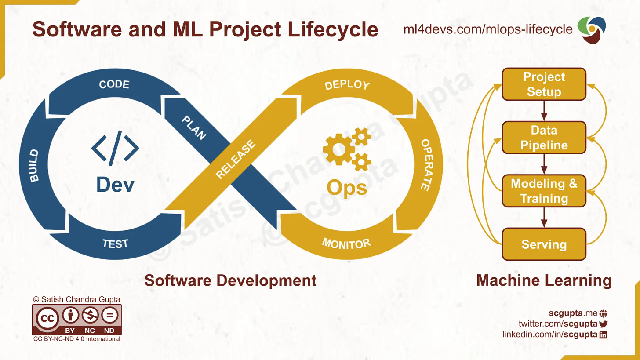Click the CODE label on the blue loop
114,84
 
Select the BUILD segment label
34,166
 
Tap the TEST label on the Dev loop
115,244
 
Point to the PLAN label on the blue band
194,128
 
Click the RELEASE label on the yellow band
236,160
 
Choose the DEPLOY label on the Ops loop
347,84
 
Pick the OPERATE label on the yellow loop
425,165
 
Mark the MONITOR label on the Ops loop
346,243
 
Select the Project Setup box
544,84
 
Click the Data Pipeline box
544,138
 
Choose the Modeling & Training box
544,191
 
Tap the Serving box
544,244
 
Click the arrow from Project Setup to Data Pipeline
544,111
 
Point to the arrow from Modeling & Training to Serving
544,218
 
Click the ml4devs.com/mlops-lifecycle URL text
488,29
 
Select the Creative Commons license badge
76,319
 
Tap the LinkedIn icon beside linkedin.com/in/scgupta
604,335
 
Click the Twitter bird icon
603,324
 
